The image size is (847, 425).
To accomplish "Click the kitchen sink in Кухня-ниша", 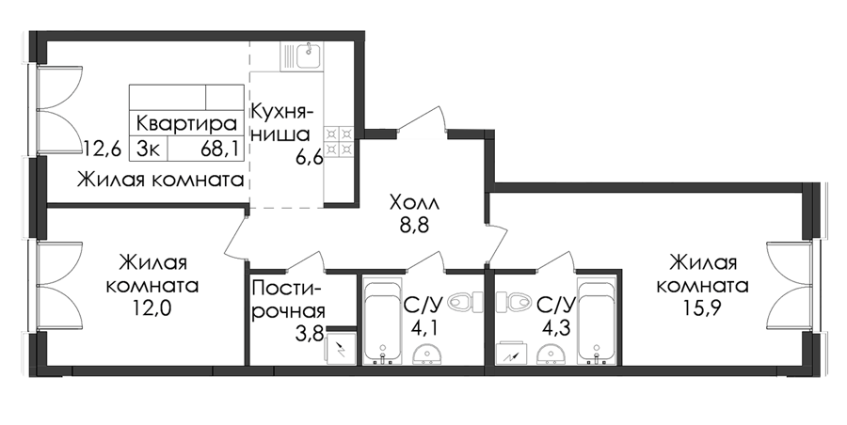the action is (301, 56).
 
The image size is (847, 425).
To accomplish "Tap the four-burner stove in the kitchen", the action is (338, 141).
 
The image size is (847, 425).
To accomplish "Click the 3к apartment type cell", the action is (148, 148).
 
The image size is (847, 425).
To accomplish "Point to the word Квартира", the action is (186, 124).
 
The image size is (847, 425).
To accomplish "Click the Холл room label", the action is (415, 204).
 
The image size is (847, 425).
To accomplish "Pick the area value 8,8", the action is (414, 227).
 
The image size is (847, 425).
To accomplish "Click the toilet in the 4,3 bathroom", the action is (513, 301).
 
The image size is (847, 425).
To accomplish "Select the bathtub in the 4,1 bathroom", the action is (383, 321).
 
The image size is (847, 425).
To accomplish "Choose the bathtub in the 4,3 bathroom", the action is (597, 321).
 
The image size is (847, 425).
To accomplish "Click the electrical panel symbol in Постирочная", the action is (341, 349).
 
